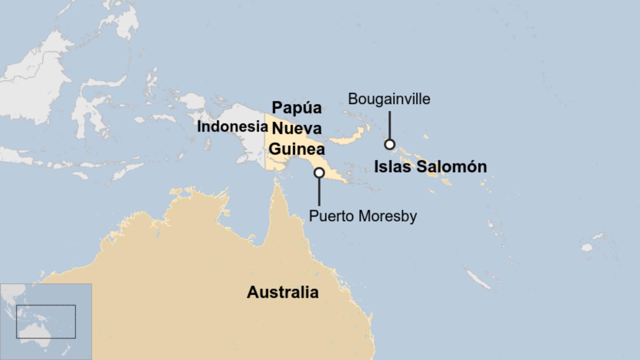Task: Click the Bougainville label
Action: coord(389,99)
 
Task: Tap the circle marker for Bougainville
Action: coord(389,144)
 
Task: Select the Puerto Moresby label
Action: coord(363,216)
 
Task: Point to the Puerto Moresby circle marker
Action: coord(319,173)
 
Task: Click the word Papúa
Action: coord(297,108)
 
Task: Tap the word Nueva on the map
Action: coord(297,128)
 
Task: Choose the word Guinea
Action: coord(297,149)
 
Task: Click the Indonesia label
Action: coord(232,127)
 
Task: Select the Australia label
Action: coord(282,292)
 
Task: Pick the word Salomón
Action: coord(451,167)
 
